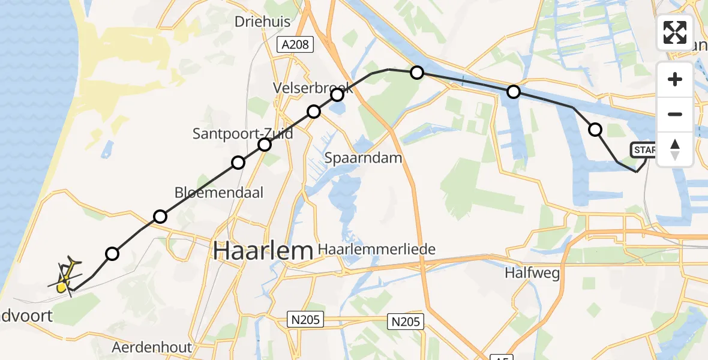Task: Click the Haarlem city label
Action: (x=263, y=250)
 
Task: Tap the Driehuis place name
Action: (x=262, y=22)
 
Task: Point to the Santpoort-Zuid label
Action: (x=242, y=133)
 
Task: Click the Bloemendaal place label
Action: (x=219, y=193)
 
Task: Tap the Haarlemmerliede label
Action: (x=376, y=248)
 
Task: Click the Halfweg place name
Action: (x=532, y=274)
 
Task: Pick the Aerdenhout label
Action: (x=152, y=347)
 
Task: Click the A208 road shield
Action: (x=296, y=44)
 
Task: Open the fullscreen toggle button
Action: (x=675, y=32)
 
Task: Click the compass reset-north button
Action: (x=675, y=149)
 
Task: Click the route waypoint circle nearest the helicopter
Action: (x=112, y=254)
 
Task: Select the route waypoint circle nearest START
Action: (x=595, y=129)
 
